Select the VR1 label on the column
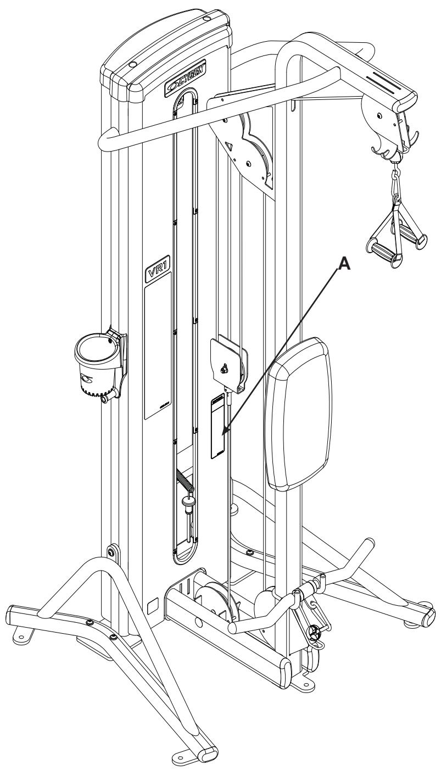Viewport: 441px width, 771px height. (155, 273)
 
